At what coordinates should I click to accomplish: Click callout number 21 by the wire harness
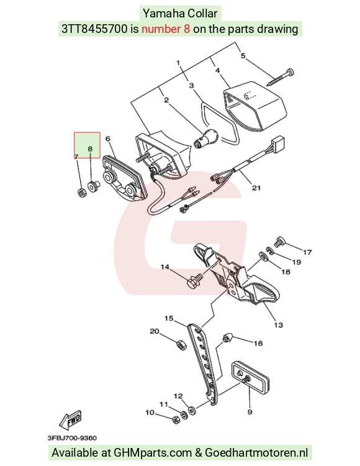tap(256, 188)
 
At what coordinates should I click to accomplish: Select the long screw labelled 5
tap(280, 77)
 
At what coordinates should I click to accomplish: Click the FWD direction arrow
tap(70, 420)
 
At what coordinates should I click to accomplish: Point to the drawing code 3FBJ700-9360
tap(72, 438)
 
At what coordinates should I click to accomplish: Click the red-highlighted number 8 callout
tap(90, 148)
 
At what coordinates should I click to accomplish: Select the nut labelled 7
tap(81, 193)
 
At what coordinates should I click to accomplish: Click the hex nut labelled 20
tap(181, 345)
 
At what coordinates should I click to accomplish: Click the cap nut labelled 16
tap(227, 338)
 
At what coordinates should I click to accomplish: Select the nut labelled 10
tap(176, 419)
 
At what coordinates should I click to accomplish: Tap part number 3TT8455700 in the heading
tap(94, 29)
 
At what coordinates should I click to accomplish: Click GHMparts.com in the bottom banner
tap(153, 453)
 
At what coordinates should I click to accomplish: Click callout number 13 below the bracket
tap(279, 325)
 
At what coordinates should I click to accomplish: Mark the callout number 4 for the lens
tap(217, 70)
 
